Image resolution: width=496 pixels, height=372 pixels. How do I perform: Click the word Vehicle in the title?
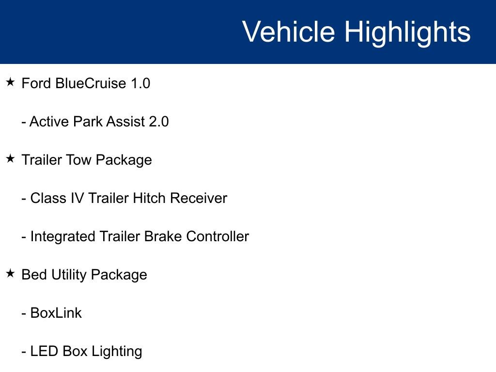288,32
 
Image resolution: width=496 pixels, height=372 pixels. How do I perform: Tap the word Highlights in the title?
407,32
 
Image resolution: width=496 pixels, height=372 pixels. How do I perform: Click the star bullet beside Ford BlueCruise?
11,83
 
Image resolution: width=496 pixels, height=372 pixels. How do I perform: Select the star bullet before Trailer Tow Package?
11,159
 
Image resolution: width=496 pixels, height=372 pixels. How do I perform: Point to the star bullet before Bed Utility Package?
11,274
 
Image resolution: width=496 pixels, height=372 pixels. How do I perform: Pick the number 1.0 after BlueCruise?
140,83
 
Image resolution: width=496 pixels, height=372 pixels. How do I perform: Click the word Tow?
75,160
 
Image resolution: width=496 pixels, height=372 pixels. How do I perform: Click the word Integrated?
63,236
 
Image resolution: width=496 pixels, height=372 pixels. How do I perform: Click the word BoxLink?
56,313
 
